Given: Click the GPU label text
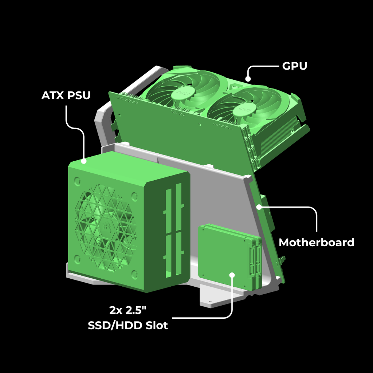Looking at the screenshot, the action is point(294,66).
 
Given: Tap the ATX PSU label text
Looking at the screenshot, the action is point(66,95).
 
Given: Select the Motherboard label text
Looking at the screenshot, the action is point(317,243).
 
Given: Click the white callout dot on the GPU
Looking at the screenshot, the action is point(248,79).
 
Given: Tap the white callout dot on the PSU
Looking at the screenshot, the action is point(84,161).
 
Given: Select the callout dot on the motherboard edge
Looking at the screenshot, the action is point(259,207).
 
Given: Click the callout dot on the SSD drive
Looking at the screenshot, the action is point(232,275).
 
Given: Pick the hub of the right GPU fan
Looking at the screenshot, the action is point(244,110).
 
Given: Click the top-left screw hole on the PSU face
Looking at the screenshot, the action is point(77,181).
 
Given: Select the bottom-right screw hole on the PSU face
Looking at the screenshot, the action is point(135,275).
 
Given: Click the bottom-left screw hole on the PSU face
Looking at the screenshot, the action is point(77,259).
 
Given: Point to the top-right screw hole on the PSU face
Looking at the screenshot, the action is point(134,197).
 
